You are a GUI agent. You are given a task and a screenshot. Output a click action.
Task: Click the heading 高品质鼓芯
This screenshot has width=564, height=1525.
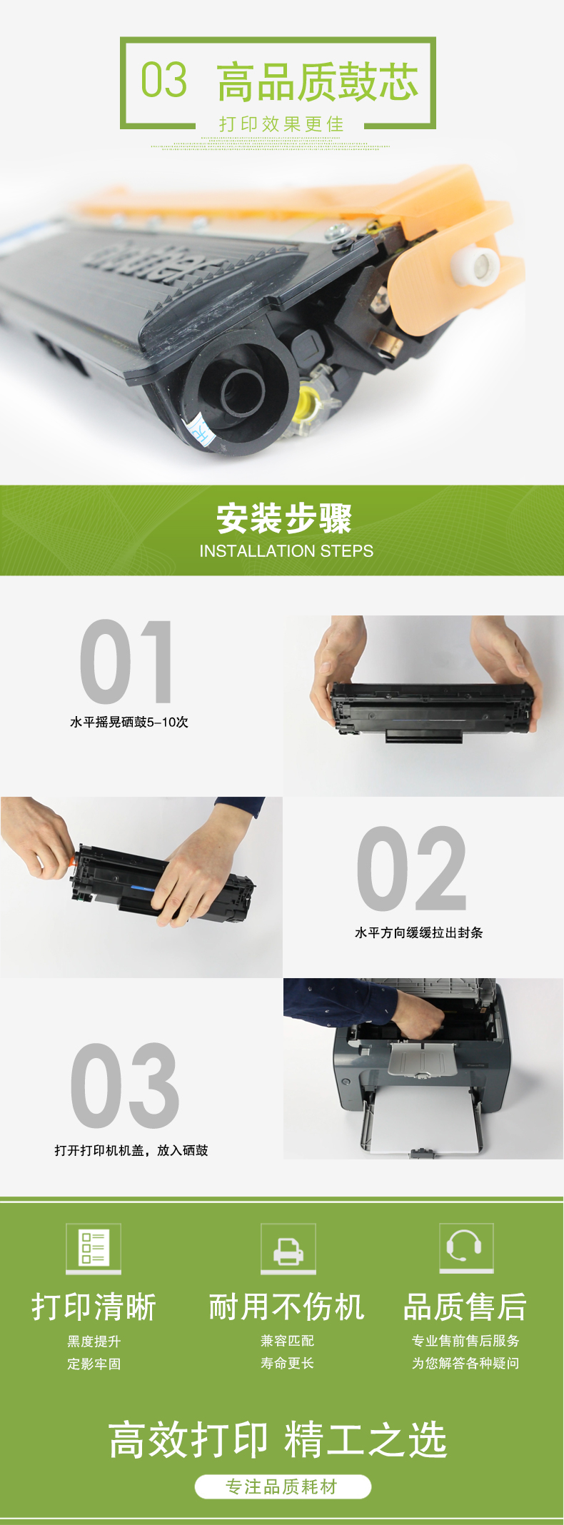coord(318,81)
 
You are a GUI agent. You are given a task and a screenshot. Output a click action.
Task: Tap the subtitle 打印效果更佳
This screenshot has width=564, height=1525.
coord(281,124)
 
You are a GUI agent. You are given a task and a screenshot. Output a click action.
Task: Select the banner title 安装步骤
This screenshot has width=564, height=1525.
coord(284,518)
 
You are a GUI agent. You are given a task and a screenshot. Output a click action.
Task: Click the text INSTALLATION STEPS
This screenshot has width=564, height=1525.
coord(286,551)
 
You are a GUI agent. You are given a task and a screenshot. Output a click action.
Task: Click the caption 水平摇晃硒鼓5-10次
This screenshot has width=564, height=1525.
coord(129,722)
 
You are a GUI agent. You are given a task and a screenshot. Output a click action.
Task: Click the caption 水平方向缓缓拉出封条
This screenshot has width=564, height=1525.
coord(419,932)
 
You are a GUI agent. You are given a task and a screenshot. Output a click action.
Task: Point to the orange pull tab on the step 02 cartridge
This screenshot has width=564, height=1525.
coord(72,861)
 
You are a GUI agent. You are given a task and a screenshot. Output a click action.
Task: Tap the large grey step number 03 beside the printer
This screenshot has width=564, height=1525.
coord(124,1086)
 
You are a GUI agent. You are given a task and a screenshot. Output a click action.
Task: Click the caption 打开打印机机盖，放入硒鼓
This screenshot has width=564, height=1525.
coord(131,1150)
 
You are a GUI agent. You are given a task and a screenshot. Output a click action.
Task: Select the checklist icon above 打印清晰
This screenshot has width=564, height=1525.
coord(94,1247)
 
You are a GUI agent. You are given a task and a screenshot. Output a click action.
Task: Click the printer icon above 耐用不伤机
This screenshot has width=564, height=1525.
coord(288,1247)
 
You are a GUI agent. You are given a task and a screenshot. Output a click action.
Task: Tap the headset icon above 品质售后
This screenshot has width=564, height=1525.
coord(466,1247)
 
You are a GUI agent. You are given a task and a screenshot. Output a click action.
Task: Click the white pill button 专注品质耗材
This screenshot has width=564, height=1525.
coord(283,1486)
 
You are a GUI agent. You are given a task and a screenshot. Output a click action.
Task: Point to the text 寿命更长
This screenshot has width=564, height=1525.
coord(288,1363)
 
